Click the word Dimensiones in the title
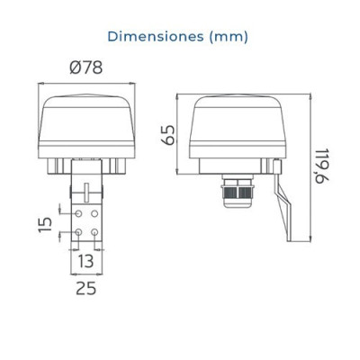156,37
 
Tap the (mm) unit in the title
229,37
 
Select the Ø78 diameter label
86,67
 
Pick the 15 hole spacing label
45,225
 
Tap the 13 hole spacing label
86,261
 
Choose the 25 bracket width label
86,288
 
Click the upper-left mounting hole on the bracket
78,213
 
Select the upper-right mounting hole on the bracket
94,213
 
